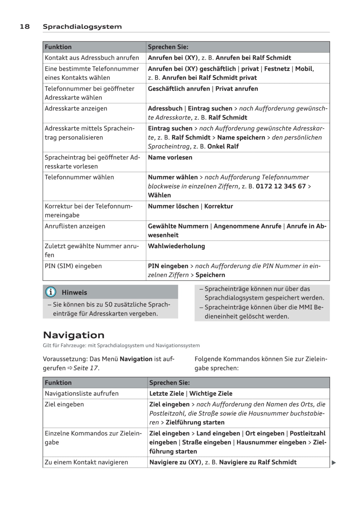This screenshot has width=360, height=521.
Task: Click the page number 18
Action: click(x=25, y=26)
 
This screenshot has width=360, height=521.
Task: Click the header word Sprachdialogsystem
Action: click(x=82, y=27)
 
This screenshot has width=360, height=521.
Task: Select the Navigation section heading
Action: click(x=73, y=335)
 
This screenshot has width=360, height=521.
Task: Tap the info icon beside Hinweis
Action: click(x=50, y=292)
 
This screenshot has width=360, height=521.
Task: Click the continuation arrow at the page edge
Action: click(x=334, y=463)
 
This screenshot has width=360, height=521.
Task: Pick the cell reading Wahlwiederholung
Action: click(x=176, y=246)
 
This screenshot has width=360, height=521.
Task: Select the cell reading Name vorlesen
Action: click(x=170, y=157)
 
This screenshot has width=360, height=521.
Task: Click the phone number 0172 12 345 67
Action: click(x=281, y=186)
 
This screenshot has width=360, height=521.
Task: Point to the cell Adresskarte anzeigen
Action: click(x=76, y=108)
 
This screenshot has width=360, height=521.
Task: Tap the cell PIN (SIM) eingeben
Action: click(x=73, y=266)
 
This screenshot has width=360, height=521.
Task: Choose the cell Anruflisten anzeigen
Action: click(x=75, y=226)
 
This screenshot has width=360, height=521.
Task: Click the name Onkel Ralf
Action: click(x=223, y=146)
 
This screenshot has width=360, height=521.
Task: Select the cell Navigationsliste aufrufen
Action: click(x=82, y=393)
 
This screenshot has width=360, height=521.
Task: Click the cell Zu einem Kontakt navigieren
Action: click(x=86, y=462)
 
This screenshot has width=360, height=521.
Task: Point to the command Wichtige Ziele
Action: click(x=211, y=393)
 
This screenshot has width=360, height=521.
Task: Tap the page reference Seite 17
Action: click(x=86, y=368)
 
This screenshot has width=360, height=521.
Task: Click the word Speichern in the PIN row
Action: click(x=210, y=275)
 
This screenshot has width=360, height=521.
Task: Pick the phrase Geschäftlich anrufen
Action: click(x=179, y=89)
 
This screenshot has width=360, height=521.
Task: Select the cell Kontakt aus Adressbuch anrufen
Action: click(x=92, y=58)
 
